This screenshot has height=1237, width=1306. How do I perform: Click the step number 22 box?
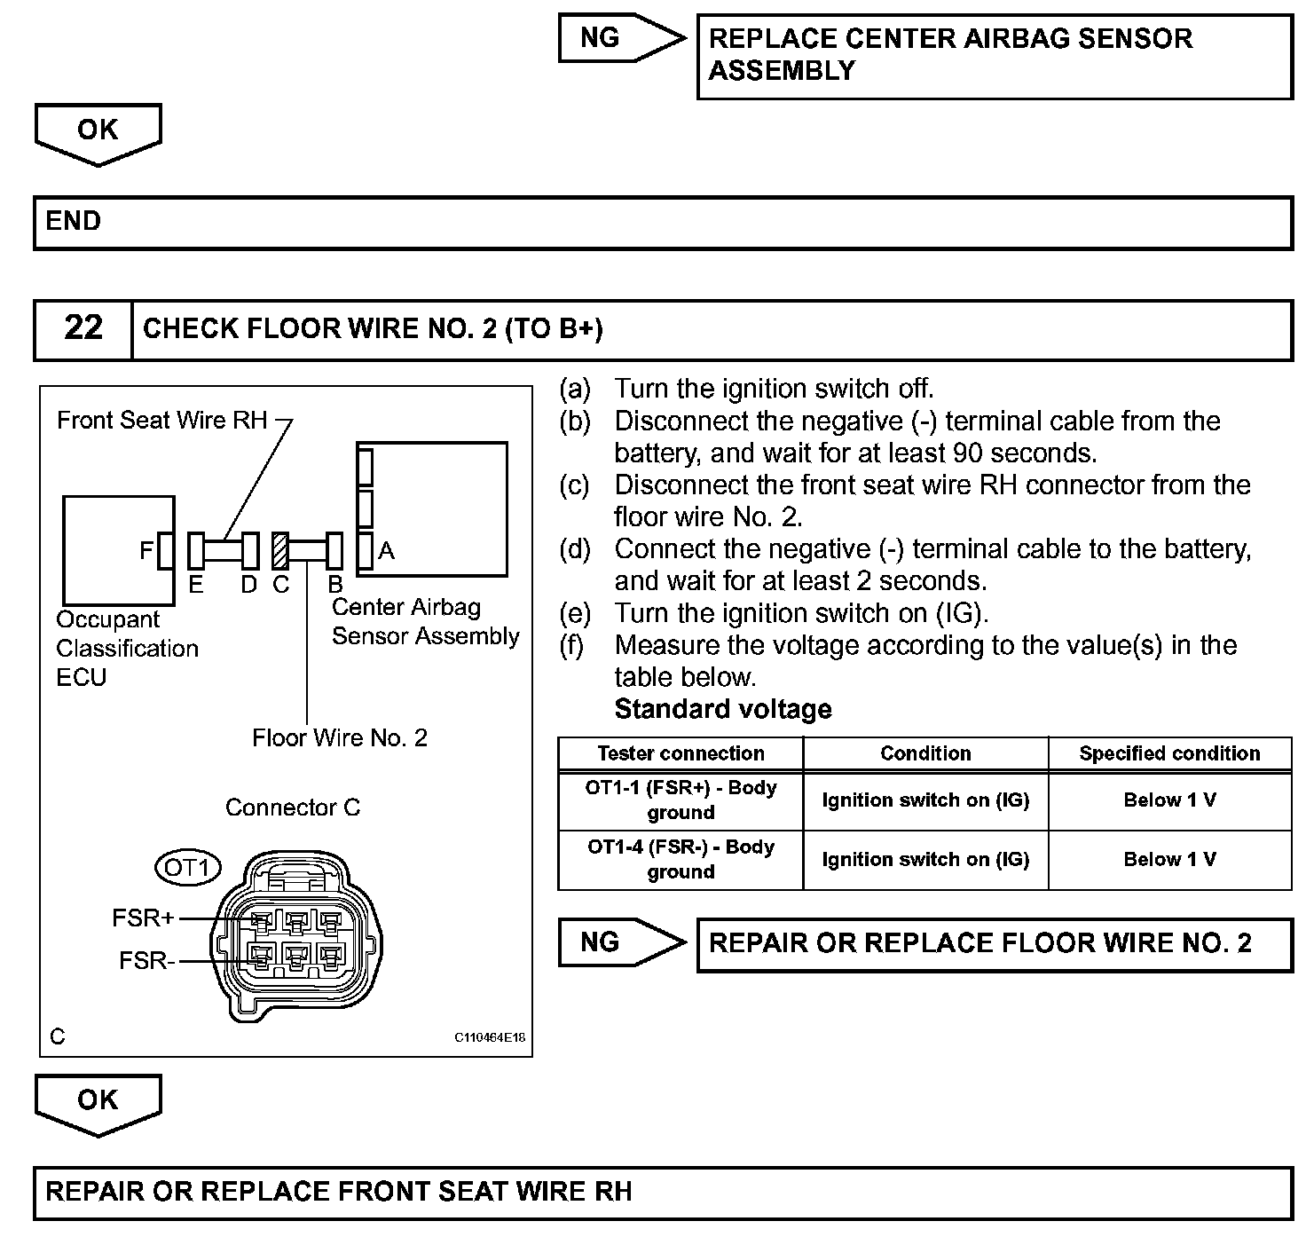click(83, 329)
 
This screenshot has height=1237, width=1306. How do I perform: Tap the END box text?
click(74, 221)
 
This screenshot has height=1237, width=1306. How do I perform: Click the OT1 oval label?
click(187, 867)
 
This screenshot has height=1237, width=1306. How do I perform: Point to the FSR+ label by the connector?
click(143, 918)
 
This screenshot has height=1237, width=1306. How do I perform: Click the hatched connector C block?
click(280, 551)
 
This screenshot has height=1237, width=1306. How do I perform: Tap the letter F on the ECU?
click(146, 551)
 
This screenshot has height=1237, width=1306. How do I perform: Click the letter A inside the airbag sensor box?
click(386, 551)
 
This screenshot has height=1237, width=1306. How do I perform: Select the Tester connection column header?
click(681, 753)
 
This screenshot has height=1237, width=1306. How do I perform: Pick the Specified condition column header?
click(1169, 753)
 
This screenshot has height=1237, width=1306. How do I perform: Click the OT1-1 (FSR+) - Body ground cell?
click(681, 800)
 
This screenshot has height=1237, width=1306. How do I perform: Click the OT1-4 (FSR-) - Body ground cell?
click(681, 860)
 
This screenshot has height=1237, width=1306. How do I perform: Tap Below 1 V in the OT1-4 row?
click(1169, 860)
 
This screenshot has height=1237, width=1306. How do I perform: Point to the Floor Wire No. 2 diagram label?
click(340, 738)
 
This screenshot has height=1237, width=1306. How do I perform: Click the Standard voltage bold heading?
click(723, 709)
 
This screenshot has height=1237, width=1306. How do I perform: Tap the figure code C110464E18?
click(490, 1037)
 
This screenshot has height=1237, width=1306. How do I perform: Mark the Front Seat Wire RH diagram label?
click(162, 420)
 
